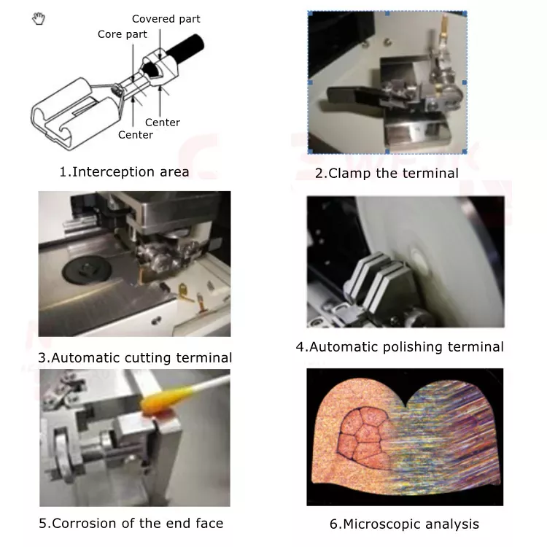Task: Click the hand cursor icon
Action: tap(39, 19)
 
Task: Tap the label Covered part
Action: tap(166, 18)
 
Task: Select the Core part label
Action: tap(122, 34)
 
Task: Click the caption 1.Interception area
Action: tap(124, 172)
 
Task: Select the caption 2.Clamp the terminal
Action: tap(387, 173)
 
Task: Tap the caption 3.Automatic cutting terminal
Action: tap(135, 357)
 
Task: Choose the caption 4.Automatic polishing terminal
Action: tap(399, 346)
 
